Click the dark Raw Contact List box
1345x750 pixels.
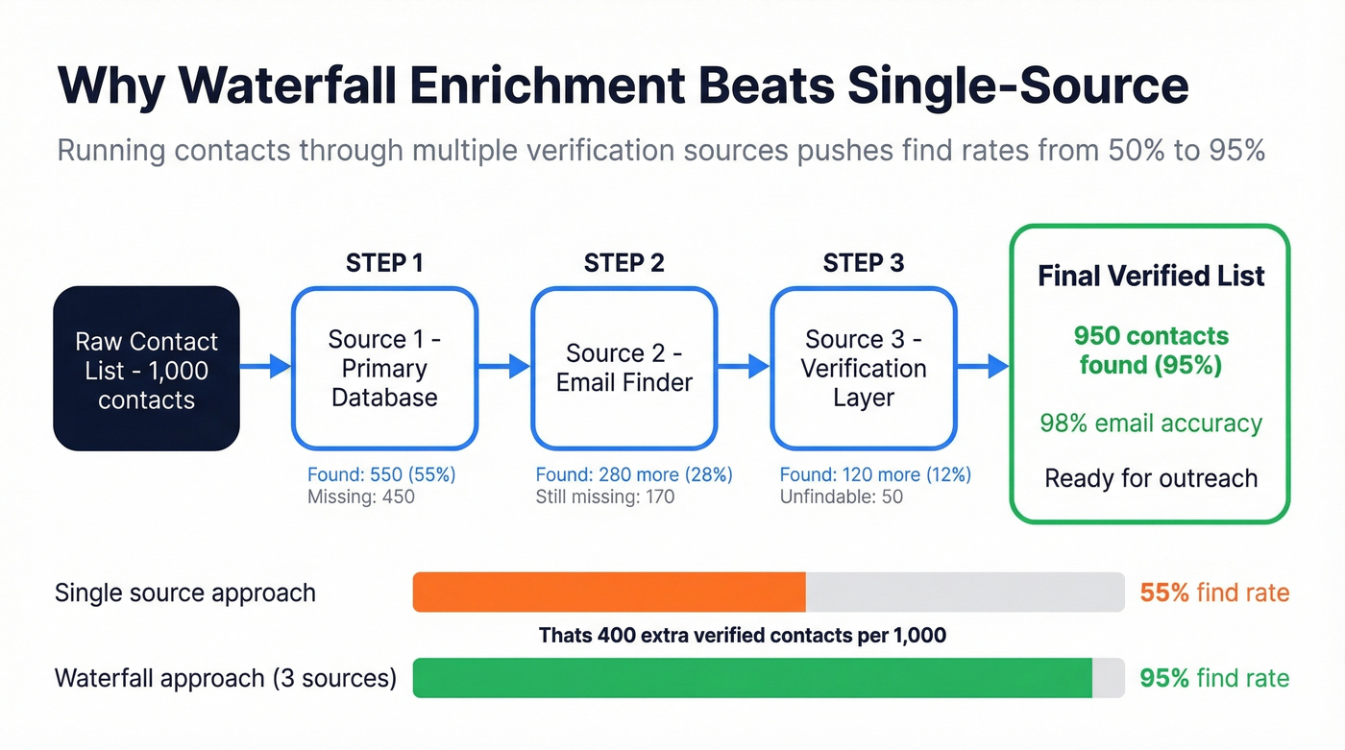(x=146, y=369)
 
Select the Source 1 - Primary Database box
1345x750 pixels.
(x=384, y=369)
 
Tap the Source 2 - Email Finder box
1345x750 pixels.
(x=624, y=369)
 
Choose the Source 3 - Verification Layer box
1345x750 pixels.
(x=863, y=369)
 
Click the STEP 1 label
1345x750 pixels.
(x=384, y=263)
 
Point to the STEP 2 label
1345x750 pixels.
(x=624, y=263)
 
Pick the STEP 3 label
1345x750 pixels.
(x=863, y=263)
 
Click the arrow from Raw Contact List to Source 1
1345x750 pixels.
(x=265, y=366)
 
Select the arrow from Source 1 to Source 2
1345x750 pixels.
(x=504, y=366)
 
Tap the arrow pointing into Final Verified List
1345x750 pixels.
(x=983, y=366)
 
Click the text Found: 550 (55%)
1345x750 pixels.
(x=381, y=474)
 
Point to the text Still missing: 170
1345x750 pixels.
(x=605, y=497)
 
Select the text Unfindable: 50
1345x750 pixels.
(x=842, y=497)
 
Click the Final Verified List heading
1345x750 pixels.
(x=1151, y=277)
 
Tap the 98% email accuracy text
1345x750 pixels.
(x=1151, y=423)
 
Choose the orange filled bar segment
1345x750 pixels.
(x=609, y=593)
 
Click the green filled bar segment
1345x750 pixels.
(x=752, y=678)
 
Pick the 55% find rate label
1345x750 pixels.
(x=1214, y=593)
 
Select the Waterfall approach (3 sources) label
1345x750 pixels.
(x=226, y=678)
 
